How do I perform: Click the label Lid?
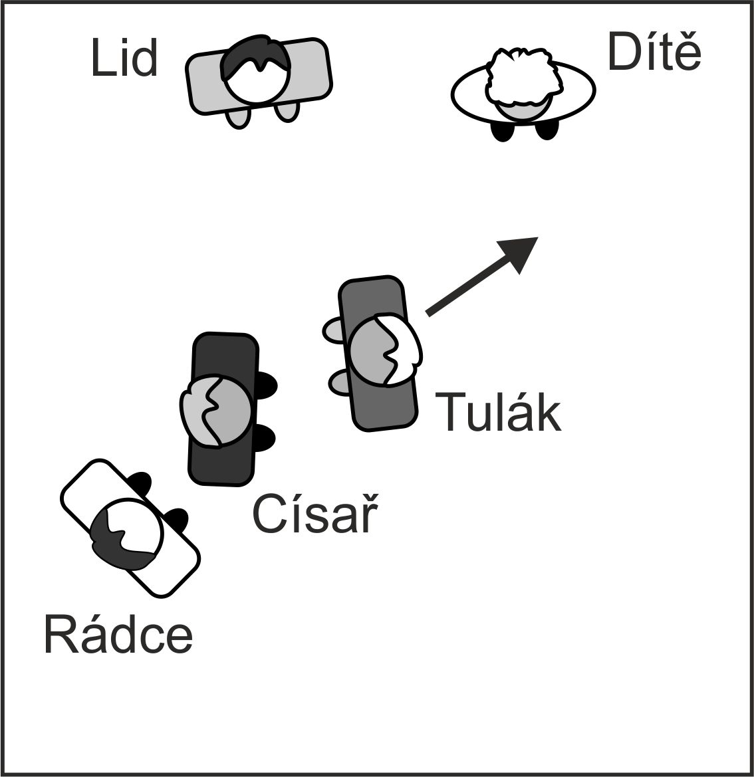click(124, 58)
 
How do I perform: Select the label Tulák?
click(498, 413)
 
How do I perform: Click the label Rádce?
click(118, 635)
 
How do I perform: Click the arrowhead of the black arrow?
click(522, 253)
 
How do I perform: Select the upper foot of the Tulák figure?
click(333, 330)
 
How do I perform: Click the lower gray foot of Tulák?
click(339, 382)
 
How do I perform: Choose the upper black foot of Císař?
click(265, 385)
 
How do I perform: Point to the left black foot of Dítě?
click(503, 131)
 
